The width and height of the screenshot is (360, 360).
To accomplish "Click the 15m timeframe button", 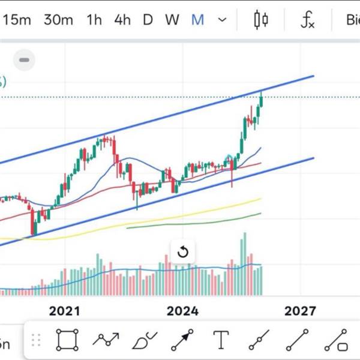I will (16, 20).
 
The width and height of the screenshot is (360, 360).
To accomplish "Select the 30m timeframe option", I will (58, 20).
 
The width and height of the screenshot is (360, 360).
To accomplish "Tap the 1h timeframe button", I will (94, 20).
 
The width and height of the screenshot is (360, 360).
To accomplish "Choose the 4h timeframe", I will (122, 20).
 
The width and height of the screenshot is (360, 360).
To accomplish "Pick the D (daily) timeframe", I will (148, 20).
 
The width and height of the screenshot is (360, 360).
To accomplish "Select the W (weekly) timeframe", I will (172, 20).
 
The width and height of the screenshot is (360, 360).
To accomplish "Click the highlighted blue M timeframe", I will (197, 20).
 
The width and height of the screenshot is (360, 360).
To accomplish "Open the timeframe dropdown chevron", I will (223, 20).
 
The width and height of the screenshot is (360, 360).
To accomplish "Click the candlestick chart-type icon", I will (261, 20).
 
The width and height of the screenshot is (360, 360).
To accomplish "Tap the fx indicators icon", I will (307, 20).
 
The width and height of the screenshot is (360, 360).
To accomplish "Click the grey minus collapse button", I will (25, 60).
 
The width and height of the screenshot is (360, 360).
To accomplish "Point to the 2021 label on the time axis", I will (64, 311).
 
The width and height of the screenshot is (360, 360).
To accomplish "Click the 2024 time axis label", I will (182, 311).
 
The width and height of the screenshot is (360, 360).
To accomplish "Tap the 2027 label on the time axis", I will (300, 311).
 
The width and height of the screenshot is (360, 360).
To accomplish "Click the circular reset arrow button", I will (183, 252).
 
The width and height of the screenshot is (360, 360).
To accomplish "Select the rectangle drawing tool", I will (67, 340).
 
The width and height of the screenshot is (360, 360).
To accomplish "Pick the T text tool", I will (221, 340).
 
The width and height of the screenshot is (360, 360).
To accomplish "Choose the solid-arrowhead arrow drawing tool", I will (182, 340).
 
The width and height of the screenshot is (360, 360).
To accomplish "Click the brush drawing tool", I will (144, 340).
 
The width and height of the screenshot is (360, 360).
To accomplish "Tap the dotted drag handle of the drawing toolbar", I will (37, 340).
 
